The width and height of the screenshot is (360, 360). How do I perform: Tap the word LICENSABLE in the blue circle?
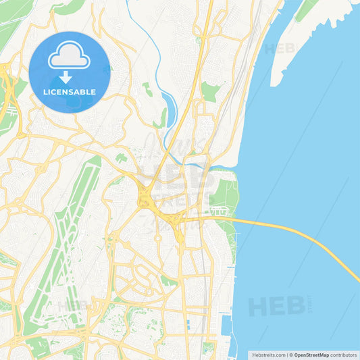(x=70, y=91)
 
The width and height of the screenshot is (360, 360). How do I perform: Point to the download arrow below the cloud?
(x=66, y=76)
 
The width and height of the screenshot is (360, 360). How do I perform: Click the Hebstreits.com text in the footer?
(x=267, y=354)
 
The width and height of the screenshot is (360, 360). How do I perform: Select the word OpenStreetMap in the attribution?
(x=311, y=354)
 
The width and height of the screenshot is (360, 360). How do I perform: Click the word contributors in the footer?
(x=344, y=354)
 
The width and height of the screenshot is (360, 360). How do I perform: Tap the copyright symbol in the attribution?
(x=290, y=354)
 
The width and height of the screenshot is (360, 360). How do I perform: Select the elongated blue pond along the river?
(x=167, y=108)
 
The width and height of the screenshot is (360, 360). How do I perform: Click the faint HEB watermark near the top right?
(x=279, y=49)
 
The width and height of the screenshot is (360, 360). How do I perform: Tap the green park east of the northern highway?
(x=211, y=91)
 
